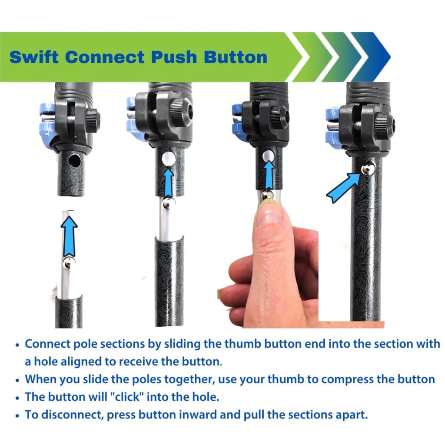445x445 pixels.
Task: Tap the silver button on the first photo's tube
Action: point(69,262)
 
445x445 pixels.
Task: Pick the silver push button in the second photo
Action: point(168,202)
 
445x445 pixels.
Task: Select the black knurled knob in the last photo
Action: point(383,126)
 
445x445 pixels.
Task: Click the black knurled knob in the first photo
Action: point(92,120)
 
